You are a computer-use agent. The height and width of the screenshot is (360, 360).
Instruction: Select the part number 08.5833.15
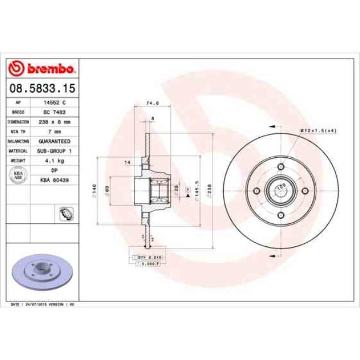click(x=43, y=88)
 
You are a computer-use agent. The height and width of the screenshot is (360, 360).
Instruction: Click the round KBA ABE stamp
click(x=18, y=174)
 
